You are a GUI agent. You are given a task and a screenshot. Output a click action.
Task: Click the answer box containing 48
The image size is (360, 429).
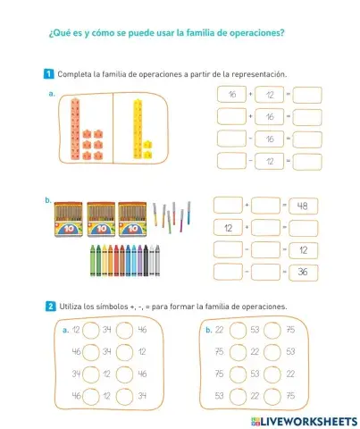pyautogui.click(x=301, y=206)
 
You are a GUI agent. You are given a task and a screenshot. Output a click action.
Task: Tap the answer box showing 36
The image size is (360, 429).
pyautogui.click(x=301, y=271)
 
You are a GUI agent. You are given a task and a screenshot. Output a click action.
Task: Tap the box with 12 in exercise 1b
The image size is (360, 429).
pyautogui.click(x=229, y=228)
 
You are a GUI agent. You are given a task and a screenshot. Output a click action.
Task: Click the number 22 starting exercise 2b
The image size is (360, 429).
pyautogui.click(x=219, y=330)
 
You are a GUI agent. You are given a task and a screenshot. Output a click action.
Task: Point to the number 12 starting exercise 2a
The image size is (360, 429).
pyautogui.click(x=76, y=330)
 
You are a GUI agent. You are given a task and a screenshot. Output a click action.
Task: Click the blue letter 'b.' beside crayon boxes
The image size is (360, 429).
pyautogui.click(x=47, y=201)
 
